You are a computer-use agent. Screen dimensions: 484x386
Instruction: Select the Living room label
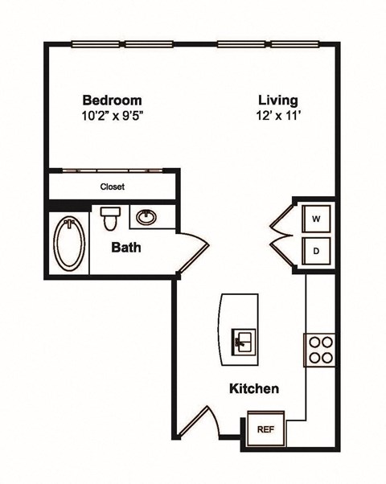pyautogui.click(x=278, y=100)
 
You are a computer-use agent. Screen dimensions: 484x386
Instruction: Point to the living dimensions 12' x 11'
pyautogui.click(x=278, y=115)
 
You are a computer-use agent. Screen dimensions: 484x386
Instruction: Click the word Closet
pyautogui.click(x=112, y=187)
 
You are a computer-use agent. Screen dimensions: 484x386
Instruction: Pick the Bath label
pyautogui.click(x=126, y=247)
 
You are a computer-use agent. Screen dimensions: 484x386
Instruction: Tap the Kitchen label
pyautogui.click(x=254, y=389)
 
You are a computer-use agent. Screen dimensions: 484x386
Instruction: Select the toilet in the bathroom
pyautogui.click(x=109, y=217)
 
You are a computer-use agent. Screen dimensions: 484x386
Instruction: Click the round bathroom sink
pyautogui.click(x=146, y=217)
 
